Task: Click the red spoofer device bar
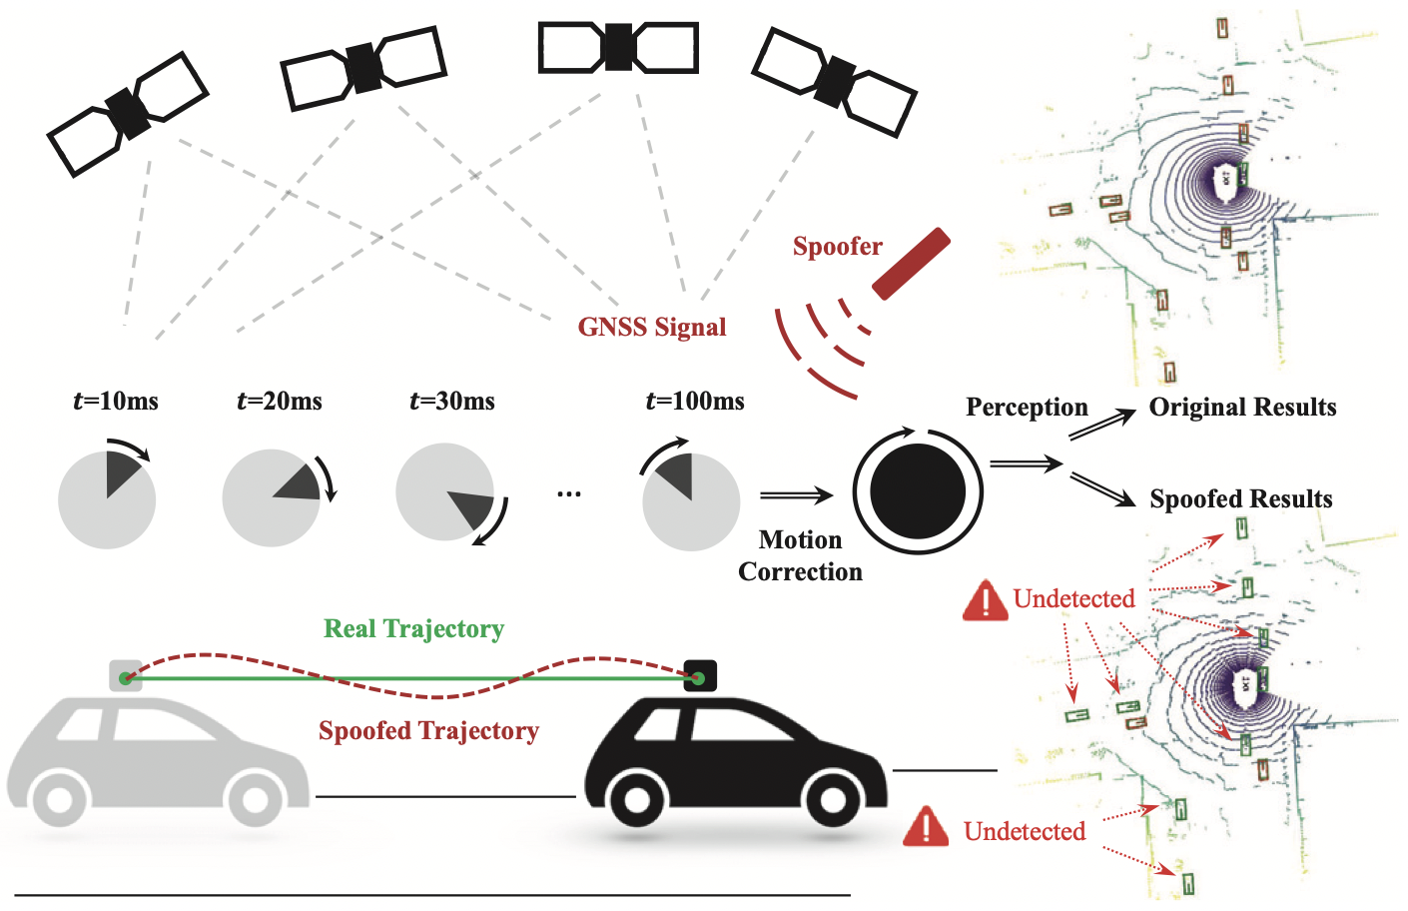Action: coord(911,264)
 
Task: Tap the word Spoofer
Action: coord(837,247)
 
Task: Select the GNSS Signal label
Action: coord(651,328)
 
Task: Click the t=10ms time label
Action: coord(116,402)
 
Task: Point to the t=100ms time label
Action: coord(695,402)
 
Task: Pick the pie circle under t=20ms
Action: coord(271,497)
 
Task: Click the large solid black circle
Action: coord(918,491)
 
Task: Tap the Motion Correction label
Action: coord(800,555)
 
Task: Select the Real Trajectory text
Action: coord(413,629)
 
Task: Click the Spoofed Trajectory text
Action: coord(428,731)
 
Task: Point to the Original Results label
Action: coord(1242,408)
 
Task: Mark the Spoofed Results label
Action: coord(1241,499)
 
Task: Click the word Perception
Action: coord(1027,408)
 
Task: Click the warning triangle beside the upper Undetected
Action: coord(985,601)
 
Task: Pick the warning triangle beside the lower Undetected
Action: coord(926,828)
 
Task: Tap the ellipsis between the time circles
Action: coord(569,493)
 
